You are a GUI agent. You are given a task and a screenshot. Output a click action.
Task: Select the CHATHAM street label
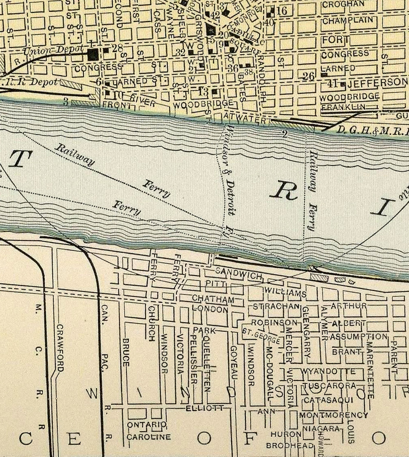pyautogui.click(x=213, y=299)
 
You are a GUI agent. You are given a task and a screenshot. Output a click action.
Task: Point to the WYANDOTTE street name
pyautogui.click(x=328, y=371)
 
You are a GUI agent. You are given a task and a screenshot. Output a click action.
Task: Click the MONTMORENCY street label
pyautogui.click(x=333, y=415)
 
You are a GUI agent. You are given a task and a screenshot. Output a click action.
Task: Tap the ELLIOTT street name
pyautogui.click(x=205, y=408)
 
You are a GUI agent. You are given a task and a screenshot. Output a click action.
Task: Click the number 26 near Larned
pyautogui.click(x=309, y=76)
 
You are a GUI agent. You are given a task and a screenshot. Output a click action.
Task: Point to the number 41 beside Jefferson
pyautogui.click(x=334, y=84)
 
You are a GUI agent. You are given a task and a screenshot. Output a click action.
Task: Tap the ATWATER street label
pyautogui.click(x=244, y=118)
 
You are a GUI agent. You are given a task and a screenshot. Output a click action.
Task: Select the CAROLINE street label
pyautogui.click(x=149, y=437)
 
